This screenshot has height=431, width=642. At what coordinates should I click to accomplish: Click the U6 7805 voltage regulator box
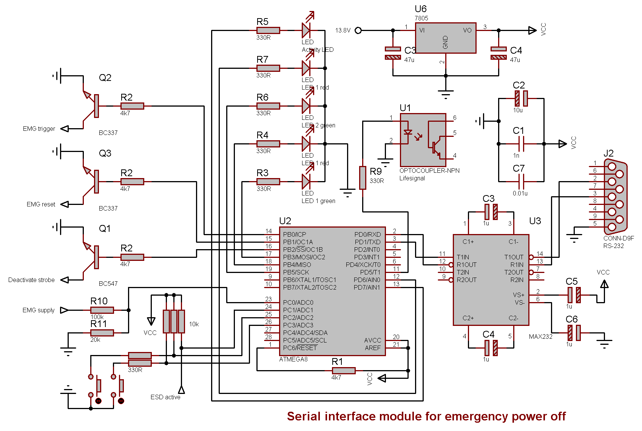click(446, 38)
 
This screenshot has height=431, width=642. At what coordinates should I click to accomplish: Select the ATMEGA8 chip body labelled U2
click(332, 291)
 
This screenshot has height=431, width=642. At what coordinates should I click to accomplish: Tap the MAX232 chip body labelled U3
click(491, 280)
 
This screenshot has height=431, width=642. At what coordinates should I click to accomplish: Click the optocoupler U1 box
click(423, 140)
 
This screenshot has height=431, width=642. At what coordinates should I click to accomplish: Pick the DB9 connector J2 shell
click(616, 197)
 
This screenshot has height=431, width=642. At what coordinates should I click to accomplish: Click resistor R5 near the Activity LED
click(268, 30)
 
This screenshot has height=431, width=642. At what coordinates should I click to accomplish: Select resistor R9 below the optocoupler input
click(363, 178)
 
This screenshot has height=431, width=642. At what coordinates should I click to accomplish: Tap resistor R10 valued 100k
click(102, 310)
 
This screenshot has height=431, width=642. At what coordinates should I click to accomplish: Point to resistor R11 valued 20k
click(102, 333)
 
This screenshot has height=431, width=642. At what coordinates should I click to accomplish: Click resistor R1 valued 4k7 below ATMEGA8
click(344, 371)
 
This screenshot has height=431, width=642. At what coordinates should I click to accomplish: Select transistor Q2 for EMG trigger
click(93, 106)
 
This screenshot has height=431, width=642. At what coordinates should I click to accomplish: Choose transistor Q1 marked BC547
click(93, 257)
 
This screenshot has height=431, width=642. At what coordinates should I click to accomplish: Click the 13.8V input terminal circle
click(358, 30)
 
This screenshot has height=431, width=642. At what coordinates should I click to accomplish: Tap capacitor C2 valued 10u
click(521, 98)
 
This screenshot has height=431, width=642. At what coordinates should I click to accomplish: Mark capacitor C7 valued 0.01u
click(521, 181)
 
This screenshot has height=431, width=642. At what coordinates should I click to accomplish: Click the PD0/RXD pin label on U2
click(367, 234)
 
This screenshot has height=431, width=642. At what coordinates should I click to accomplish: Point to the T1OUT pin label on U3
click(514, 257)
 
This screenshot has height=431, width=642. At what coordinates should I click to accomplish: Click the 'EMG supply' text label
click(39, 310)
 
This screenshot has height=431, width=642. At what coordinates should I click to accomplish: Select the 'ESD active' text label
click(165, 397)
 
